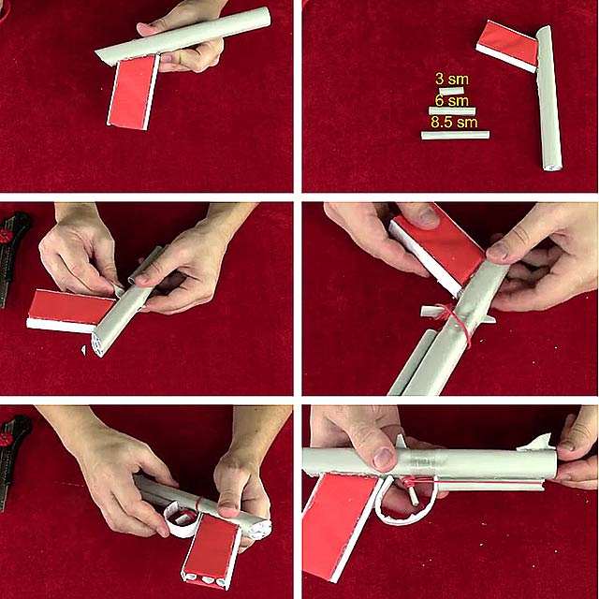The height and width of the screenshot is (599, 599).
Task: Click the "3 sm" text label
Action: [451, 79]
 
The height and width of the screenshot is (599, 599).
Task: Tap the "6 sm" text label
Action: [451, 101]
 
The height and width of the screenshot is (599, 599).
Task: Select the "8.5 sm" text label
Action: [454, 123]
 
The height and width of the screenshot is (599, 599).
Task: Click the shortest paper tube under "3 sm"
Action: [451, 91]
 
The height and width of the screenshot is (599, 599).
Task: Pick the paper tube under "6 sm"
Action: [452, 110]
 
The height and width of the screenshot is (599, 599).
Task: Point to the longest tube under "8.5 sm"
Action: [455, 135]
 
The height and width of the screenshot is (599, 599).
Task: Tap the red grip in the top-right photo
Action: [507, 46]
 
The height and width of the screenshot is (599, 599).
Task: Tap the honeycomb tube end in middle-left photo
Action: [97, 343]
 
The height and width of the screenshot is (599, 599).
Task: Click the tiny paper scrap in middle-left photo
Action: [83, 350]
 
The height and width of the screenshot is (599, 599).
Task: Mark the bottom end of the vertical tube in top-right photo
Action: [552, 168]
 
